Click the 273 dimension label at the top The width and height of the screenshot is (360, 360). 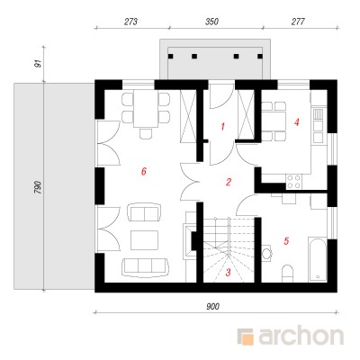point(130,22)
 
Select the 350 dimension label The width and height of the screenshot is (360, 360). point(211,22)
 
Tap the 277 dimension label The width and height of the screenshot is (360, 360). point(298,22)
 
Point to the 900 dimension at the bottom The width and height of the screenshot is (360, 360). point(212,306)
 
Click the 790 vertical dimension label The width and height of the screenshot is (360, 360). point(37,187)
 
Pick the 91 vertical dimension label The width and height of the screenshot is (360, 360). point(38,64)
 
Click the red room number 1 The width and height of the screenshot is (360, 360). point(222,127)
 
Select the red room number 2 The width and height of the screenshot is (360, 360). point(229,182)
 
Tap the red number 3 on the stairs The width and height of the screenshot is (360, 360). point(229,273)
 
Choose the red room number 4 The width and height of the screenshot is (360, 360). point(297,122)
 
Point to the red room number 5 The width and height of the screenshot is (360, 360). point(286,240)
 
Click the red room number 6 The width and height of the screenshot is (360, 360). point(144,171)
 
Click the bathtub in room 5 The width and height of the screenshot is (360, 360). point(318,259)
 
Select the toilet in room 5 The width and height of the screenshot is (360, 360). point(287,274)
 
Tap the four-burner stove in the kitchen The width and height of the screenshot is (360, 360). point(293,181)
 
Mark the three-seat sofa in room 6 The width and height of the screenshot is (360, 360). point(145,266)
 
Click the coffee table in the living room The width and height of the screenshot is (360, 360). point(144,240)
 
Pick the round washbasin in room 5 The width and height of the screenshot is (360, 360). point(266,254)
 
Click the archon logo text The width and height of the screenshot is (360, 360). point(301,337)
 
